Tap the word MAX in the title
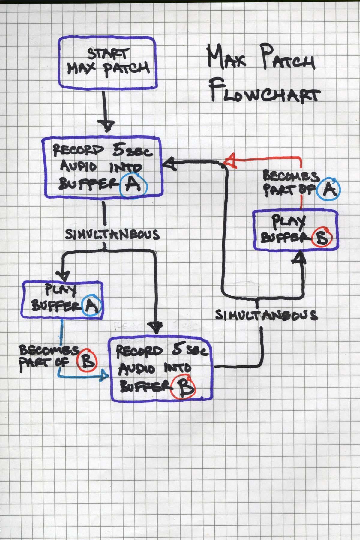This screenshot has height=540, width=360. [228, 58]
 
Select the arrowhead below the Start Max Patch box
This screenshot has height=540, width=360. [107, 125]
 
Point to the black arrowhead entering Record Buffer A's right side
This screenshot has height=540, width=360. [168, 164]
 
